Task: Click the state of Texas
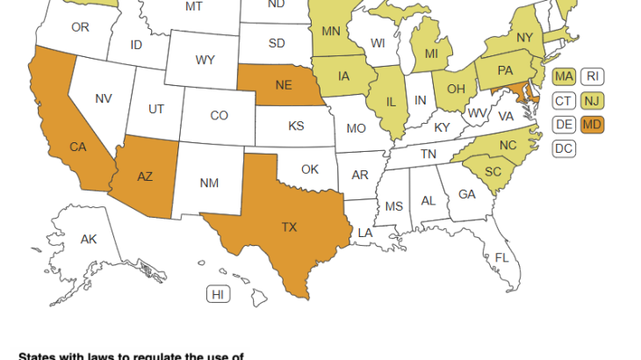click(x=289, y=227)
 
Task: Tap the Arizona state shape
click(x=146, y=176)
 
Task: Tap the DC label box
click(x=564, y=148)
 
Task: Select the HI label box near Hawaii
click(x=217, y=294)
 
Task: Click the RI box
click(x=593, y=76)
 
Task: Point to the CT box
click(x=564, y=100)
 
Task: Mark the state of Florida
click(x=501, y=257)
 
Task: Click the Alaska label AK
click(x=89, y=239)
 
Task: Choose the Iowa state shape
click(x=342, y=76)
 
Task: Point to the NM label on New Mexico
click(x=209, y=183)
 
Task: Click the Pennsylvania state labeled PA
click(x=507, y=69)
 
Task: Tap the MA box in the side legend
click(x=564, y=76)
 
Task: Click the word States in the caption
click(x=40, y=356)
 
